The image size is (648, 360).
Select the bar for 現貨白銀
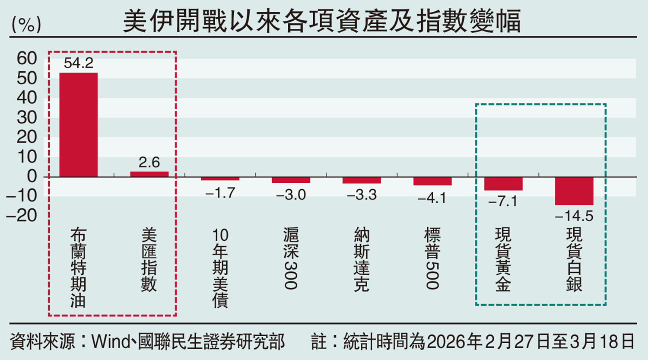574,191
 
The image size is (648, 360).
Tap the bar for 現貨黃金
503,184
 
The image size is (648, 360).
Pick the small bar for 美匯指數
149,174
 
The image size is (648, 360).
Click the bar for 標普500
432,181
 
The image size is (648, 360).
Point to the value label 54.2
78,64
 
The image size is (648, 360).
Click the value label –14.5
574,216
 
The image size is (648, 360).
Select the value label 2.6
149,162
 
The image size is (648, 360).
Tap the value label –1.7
220,193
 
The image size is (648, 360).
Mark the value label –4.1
432,198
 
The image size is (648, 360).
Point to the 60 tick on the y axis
27,58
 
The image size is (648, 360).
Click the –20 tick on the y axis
22,215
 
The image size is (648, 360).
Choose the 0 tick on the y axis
32,176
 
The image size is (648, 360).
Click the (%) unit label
26,25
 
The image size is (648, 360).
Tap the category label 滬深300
291,258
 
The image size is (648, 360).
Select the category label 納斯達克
362,260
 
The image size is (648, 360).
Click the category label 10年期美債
220,268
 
